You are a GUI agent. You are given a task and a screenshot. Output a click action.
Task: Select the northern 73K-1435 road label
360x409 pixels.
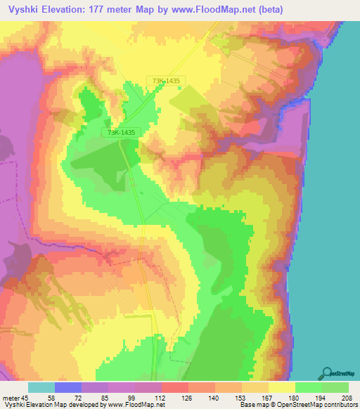(165, 82)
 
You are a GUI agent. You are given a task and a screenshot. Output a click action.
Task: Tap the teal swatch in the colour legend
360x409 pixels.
(41, 387)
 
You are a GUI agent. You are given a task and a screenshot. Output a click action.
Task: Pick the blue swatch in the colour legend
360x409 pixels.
(68, 387)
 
